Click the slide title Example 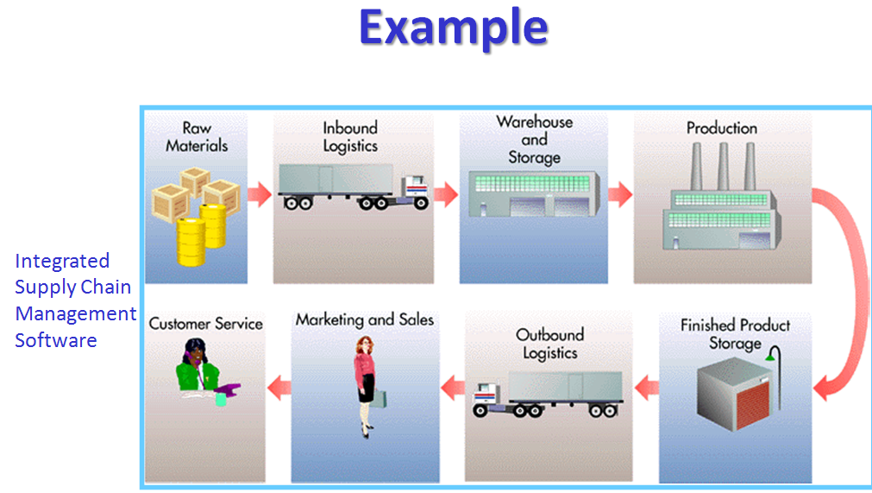tap(453, 28)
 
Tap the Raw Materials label tap(197, 137)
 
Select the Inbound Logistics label tap(350, 137)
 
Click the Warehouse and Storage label tap(534, 139)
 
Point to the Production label tap(721, 128)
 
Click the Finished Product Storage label tap(735, 334)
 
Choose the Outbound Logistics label tap(549, 343)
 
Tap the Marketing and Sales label tap(364, 319)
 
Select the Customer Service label tap(205, 324)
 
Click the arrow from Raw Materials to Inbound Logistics tap(260, 194)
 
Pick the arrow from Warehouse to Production tap(619, 194)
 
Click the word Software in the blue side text tap(56, 340)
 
